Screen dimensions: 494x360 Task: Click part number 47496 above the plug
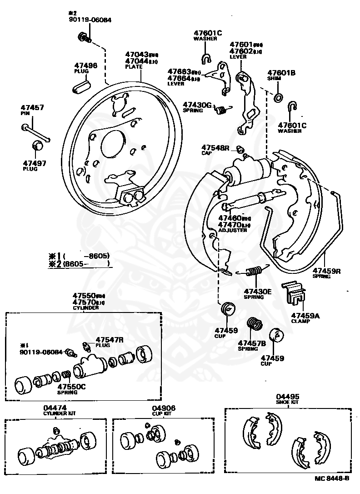[x=86, y=66]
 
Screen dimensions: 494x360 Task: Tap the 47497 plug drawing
[x=37, y=146]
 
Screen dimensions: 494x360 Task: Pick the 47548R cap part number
[x=216, y=148]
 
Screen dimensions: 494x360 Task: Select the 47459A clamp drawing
[x=295, y=295]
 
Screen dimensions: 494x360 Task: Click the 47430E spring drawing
[x=253, y=272]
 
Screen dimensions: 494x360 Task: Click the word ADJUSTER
[x=233, y=230]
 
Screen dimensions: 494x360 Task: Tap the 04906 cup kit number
[x=164, y=408]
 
